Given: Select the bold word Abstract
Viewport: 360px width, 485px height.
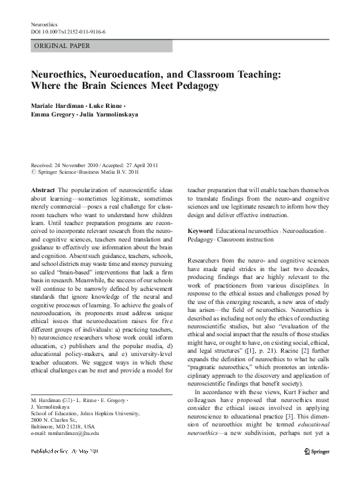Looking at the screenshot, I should click(43, 190).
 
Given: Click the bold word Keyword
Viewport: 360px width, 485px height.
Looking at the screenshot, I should click(200, 232).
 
